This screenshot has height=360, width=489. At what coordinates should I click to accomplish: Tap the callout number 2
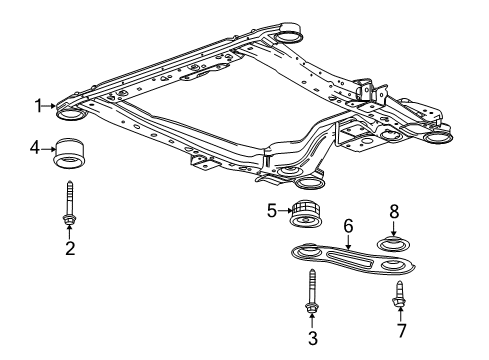[70, 247]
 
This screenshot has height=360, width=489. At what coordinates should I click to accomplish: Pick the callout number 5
[270, 211]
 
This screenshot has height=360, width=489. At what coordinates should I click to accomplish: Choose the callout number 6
[348, 227]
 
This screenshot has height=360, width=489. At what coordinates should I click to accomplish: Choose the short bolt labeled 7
[400, 294]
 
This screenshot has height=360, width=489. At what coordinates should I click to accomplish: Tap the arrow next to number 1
[52, 105]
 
